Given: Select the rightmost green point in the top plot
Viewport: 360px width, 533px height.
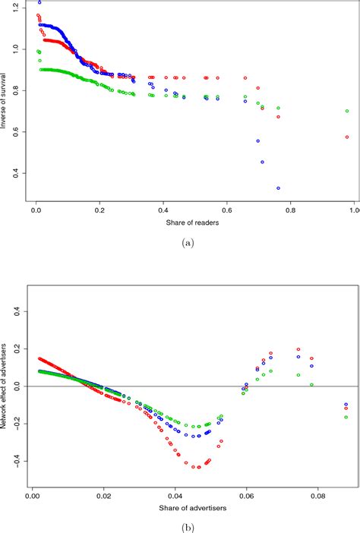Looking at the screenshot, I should [x=347, y=111].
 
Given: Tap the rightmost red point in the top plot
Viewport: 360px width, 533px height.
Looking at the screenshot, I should [x=347, y=137].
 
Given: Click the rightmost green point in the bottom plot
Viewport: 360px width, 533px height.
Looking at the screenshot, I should [x=346, y=417].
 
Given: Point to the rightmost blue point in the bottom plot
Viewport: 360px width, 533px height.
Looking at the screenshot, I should [x=346, y=405].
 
